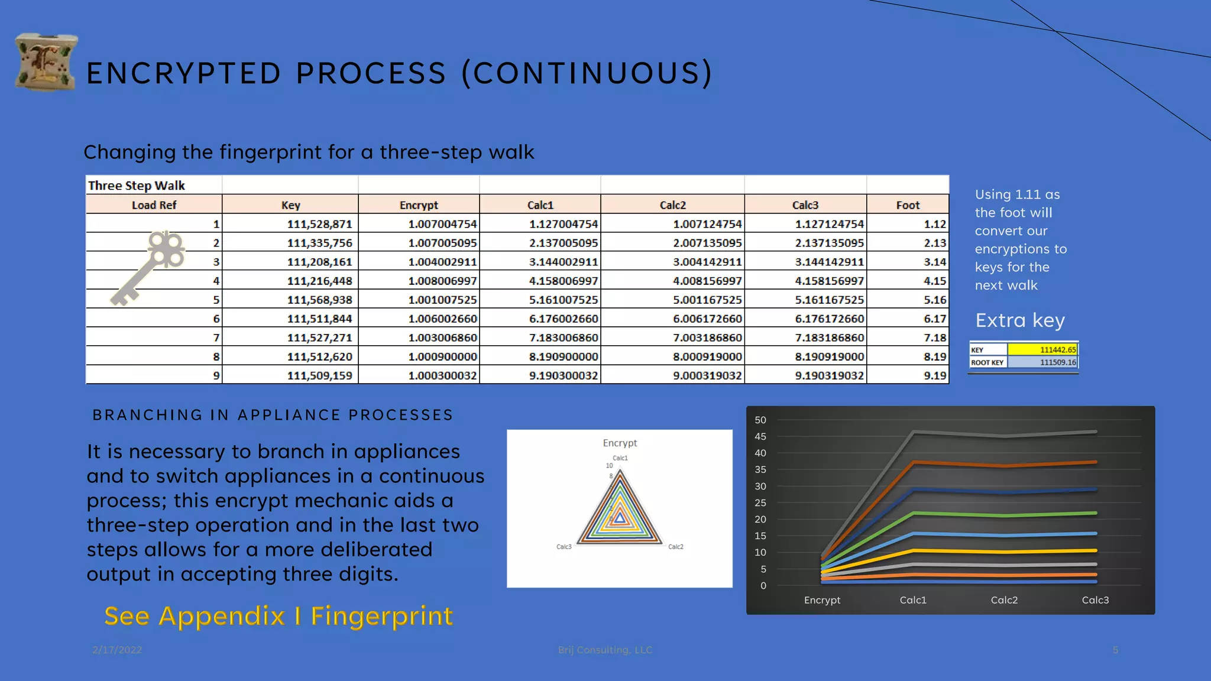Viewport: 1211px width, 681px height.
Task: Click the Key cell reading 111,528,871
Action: tap(319, 224)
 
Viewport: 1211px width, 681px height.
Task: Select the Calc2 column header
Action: tap(672, 205)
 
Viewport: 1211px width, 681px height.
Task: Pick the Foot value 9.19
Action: tap(934, 375)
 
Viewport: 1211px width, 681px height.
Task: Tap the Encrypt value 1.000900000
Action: tap(442, 356)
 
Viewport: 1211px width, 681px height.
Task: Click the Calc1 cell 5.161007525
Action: tap(563, 300)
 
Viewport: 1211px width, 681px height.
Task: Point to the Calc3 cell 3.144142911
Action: tap(829, 262)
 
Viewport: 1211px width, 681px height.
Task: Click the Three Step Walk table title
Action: tap(137, 186)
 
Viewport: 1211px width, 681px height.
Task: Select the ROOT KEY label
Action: tap(987, 362)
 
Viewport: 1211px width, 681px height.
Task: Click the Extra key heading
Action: tap(1019, 320)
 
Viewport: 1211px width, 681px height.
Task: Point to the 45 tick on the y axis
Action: tap(760, 436)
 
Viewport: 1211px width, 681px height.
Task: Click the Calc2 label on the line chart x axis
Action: tap(1004, 600)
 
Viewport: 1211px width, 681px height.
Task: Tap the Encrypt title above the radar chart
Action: tap(620, 443)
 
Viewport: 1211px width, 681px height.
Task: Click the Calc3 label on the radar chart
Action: tap(564, 547)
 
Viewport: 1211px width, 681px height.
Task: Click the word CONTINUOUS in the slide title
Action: tap(587, 73)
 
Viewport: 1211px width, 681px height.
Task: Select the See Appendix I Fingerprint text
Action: tap(279, 616)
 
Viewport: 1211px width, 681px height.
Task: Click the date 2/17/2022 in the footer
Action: tap(117, 650)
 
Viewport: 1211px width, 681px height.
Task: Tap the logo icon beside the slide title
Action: tap(46, 62)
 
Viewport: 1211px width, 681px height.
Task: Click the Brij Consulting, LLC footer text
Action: tap(605, 650)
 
